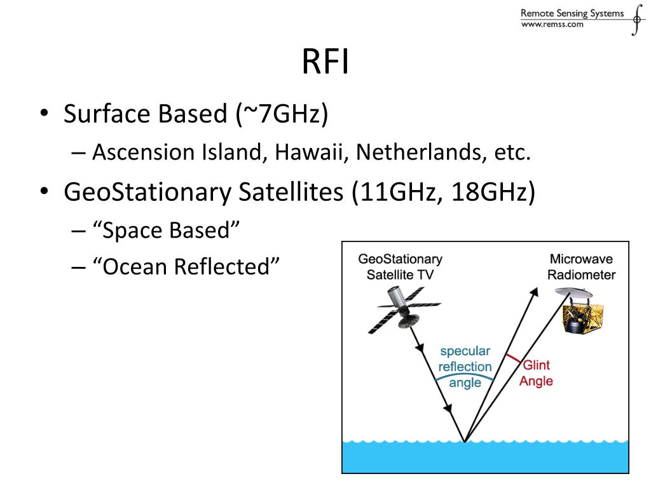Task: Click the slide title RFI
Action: tap(325, 63)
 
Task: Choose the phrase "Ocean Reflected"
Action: tap(186, 266)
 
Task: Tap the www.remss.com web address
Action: tap(552, 24)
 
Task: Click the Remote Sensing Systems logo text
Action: tap(572, 13)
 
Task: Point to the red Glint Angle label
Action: tap(536, 373)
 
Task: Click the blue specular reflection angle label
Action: tap(465, 367)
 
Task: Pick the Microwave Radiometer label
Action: tap(581, 267)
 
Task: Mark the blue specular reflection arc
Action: tap(464, 376)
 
